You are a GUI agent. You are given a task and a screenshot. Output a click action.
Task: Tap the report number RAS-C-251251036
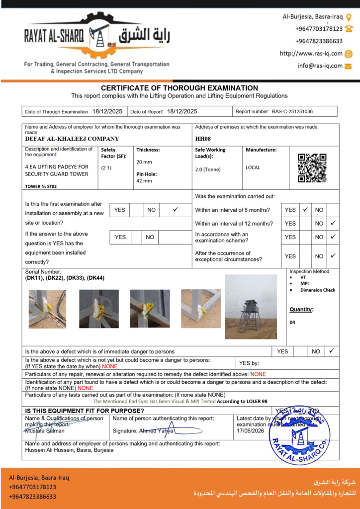292,112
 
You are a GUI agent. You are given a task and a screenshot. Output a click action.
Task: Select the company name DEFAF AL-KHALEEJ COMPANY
72,139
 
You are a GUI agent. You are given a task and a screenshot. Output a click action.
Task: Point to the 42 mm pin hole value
144,181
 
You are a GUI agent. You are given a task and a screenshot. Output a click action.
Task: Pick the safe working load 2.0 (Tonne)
208,170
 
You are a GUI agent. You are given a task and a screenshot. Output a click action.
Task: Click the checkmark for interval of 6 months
306,210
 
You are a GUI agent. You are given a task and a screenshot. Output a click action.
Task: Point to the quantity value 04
292,323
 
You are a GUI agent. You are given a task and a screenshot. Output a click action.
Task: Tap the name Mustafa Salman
45,430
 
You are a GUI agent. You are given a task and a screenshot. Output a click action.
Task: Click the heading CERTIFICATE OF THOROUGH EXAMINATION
180,88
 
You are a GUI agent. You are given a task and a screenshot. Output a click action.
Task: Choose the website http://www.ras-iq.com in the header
311,54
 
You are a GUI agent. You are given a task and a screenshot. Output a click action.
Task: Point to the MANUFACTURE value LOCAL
253,168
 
